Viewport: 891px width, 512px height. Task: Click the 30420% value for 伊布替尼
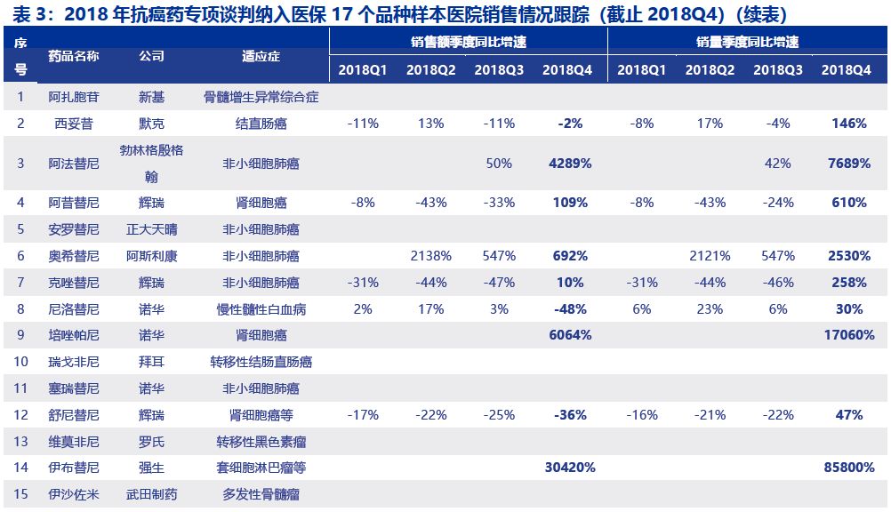pyautogui.click(x=569, y=468)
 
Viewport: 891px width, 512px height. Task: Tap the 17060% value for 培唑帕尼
pyautogui.click(x=846, y=335)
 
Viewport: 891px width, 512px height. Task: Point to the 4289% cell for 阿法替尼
pyautogui.click(x=569, y=164)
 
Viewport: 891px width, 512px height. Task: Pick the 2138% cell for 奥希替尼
pyautogui.click(x=431, y=256)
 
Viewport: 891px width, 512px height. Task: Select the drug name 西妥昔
pyautogui.click(x=74, y=124)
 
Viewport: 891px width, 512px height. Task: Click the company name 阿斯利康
pyautogui.click(x=152, y=256)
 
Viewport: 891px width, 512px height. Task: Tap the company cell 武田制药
pyautogui.click(x=152, y=494)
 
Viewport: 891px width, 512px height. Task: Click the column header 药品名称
pyautogui.click(x=74, y=56)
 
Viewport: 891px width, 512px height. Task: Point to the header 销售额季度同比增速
pyautogui.click(x=468, y=42)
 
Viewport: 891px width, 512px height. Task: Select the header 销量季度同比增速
pyautogui.click(x=747, y=42)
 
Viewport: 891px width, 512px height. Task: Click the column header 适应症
pyautogui.click(x=261, y=56)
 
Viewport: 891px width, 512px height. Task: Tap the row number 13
pyautogui.click(x=20, y=442)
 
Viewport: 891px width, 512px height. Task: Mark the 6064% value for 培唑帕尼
pyautogui.click(x=569, y=335)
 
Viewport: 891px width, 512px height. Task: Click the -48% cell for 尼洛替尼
pyautogui.click(x=569, y=309)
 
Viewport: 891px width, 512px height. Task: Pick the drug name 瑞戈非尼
pyautogui.click(x=74, y=362)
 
